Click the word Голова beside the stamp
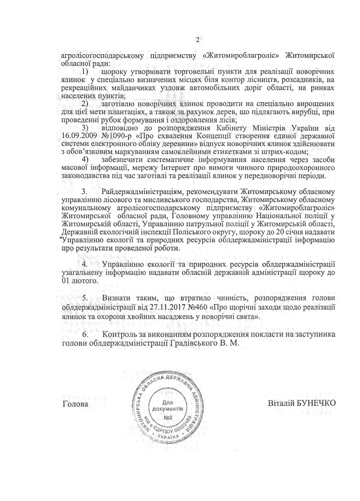tap(76, 404)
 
